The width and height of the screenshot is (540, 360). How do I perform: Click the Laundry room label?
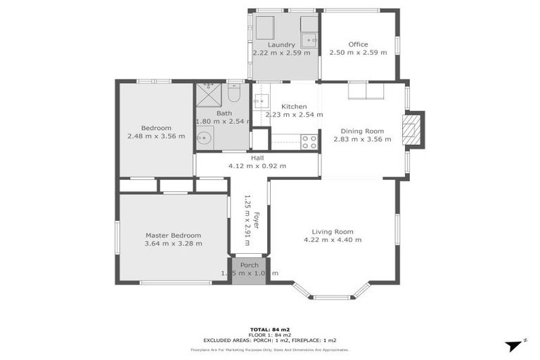pyautogui.click(x=281, y=44)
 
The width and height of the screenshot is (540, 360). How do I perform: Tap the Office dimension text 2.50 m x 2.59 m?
pyautogui.click(x=358, y=53)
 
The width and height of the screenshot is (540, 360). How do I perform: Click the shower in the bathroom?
pyautogui.click(x=208, y=93)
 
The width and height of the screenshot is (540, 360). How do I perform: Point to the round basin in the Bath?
pyautogui.click(x=204, y=139)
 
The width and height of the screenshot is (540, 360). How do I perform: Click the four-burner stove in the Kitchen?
pyautogui.click(x=309, y=141)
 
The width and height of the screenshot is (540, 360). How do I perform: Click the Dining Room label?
pyautogui.click(x=362, y=131)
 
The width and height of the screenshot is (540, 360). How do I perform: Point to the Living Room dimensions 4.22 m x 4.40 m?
pyautogui.click(x=333, y=240)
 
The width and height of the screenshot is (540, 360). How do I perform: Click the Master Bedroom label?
pyautogui.click(x=173, y=236)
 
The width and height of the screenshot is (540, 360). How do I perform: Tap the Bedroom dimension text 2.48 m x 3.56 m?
pyautogui.click(x=156, y=136)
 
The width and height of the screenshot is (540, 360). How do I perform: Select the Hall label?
pyautogui.click(x=257, y=158)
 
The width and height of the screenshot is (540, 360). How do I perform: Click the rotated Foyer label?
pyautogui.click(x=257, y=220)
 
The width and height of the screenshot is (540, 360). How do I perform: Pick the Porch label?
pyautogui.click(x=249, y=265)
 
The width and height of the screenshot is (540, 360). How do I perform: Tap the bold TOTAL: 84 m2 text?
pyautogui.click(x=270, y=329)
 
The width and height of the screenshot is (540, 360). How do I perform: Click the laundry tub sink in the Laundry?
pyautogui.click(x=308, y=39)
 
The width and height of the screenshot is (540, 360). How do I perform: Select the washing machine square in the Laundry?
pyautogui.click(x=265, y=28)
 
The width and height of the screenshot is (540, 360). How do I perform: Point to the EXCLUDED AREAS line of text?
pyautogui.click(x=270, y=340)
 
